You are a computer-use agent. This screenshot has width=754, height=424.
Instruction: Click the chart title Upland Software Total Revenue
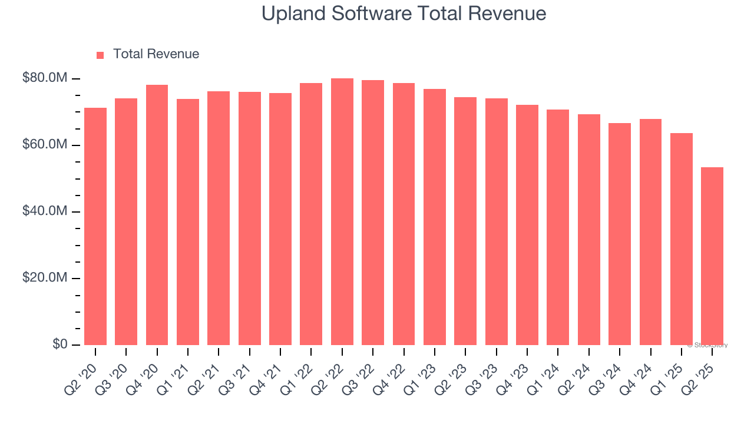404,14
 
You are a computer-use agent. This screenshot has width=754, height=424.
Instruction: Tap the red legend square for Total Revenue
100,55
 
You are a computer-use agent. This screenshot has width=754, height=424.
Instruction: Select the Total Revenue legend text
156,54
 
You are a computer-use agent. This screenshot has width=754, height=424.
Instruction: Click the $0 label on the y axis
60,344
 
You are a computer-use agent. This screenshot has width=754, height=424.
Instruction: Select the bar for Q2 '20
95,227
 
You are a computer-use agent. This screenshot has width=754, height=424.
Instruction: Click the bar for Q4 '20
157,215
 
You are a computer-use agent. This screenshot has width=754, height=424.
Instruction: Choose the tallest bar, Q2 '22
342,212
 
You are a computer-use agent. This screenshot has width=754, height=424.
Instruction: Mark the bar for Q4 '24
650,232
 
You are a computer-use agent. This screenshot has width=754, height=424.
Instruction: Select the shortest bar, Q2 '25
712,256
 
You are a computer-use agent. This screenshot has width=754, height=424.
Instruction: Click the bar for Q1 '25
682,239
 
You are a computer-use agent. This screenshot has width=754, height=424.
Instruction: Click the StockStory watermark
707,345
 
